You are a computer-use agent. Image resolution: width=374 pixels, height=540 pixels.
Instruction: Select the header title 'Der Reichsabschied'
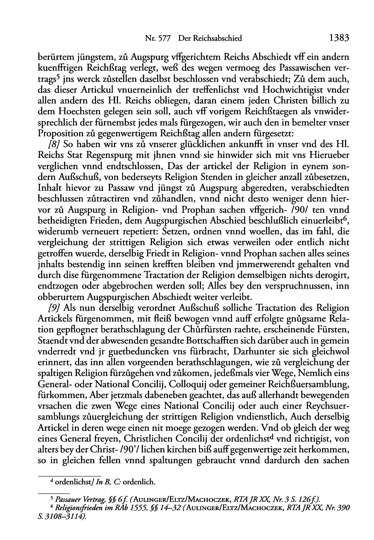tap(210, 39)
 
